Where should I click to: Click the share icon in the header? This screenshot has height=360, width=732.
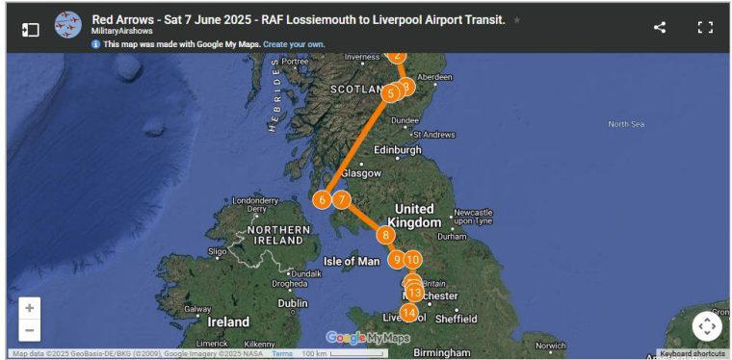tap(660, 27)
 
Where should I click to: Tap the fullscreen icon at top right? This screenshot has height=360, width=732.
tap(705, 27)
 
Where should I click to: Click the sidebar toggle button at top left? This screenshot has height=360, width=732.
tap(31, 29)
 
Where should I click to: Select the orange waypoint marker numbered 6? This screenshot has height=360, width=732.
tap(322, 199)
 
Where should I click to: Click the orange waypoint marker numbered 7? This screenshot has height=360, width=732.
tap(341, 199)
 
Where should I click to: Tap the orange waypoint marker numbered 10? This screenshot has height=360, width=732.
tap(412, 258)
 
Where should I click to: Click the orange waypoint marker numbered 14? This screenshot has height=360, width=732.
tap(409, 312)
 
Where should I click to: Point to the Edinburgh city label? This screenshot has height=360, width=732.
tap(398, 150)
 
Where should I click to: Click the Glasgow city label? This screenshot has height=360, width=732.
tap(361, 173)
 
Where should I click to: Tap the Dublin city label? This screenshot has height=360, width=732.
tap(293, 302)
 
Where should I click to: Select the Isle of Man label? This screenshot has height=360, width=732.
tap(352, 261)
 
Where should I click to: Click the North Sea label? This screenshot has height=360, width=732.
tap(626, 123)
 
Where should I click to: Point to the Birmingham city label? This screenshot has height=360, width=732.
tap(442, 352)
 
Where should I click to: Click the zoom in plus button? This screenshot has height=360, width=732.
tap(30, 308)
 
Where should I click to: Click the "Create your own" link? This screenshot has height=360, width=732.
tap(294, 44)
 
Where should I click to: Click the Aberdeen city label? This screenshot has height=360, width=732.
tap(434, 77)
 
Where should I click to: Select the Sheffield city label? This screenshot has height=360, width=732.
tap(456, 319)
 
